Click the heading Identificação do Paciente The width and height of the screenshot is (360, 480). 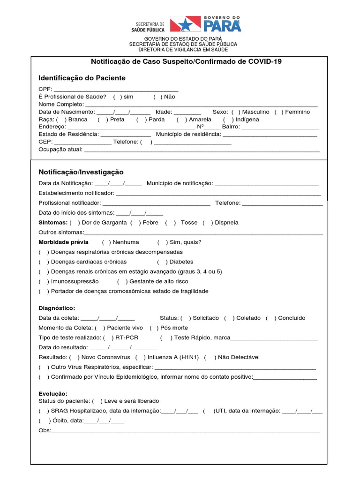pos(82,78)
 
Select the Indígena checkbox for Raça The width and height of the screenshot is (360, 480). pos(228,120)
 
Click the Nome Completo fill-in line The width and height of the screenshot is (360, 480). pos(201,105)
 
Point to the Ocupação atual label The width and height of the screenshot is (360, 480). pos(60,150)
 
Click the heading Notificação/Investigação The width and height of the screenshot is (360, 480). pos(81,172)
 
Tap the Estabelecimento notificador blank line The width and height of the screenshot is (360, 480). pos(218,193)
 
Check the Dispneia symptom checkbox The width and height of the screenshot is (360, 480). pos(208,223)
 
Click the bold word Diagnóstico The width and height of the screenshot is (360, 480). pos(57,308)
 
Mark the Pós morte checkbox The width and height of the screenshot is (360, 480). pos(154,328)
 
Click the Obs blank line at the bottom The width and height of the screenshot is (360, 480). pos(186,430)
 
